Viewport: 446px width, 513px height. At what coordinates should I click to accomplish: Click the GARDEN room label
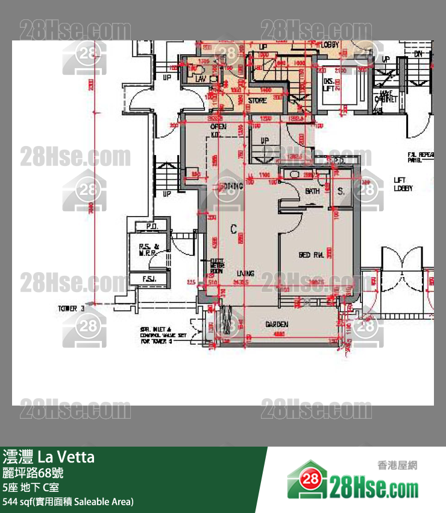tap(277, 325)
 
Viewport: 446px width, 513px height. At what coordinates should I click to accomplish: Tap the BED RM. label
tap(312, 255)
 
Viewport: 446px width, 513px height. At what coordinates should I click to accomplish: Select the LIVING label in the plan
tap(245, 273)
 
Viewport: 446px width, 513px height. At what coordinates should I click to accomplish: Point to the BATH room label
tap(312, 191)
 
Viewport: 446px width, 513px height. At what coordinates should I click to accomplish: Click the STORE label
tap(257, 101)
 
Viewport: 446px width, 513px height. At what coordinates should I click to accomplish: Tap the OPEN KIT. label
tap(218, 130)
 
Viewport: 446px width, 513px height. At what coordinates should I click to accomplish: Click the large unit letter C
tap(233, 229)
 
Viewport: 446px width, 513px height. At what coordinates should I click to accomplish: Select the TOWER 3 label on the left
tap(71, 308)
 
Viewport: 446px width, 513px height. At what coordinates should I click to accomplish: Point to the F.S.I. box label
tap(149, 279)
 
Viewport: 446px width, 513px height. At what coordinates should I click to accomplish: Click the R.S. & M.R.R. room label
tap(148, 250)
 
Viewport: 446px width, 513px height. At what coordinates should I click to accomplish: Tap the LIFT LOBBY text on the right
tap(403, 184)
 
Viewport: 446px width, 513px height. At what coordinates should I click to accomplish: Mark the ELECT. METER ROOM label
tap(218, 266)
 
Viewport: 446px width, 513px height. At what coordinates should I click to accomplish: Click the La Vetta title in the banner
tap(66, 457)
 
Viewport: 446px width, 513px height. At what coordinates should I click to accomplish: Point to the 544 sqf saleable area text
tap(68, 502)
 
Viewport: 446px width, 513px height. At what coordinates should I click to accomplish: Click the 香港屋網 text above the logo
tap(397, 465)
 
